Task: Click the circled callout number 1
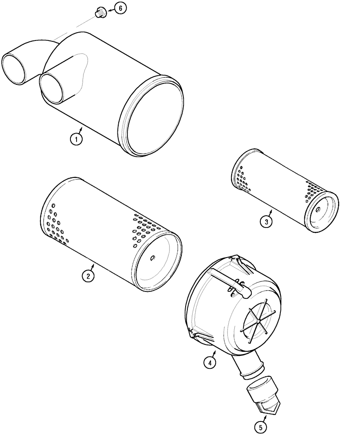(x=76, y=140)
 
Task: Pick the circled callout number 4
(x=210, y=362)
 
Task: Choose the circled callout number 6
(x=122, y=8)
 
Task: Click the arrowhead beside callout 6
(x=110, y=9)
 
